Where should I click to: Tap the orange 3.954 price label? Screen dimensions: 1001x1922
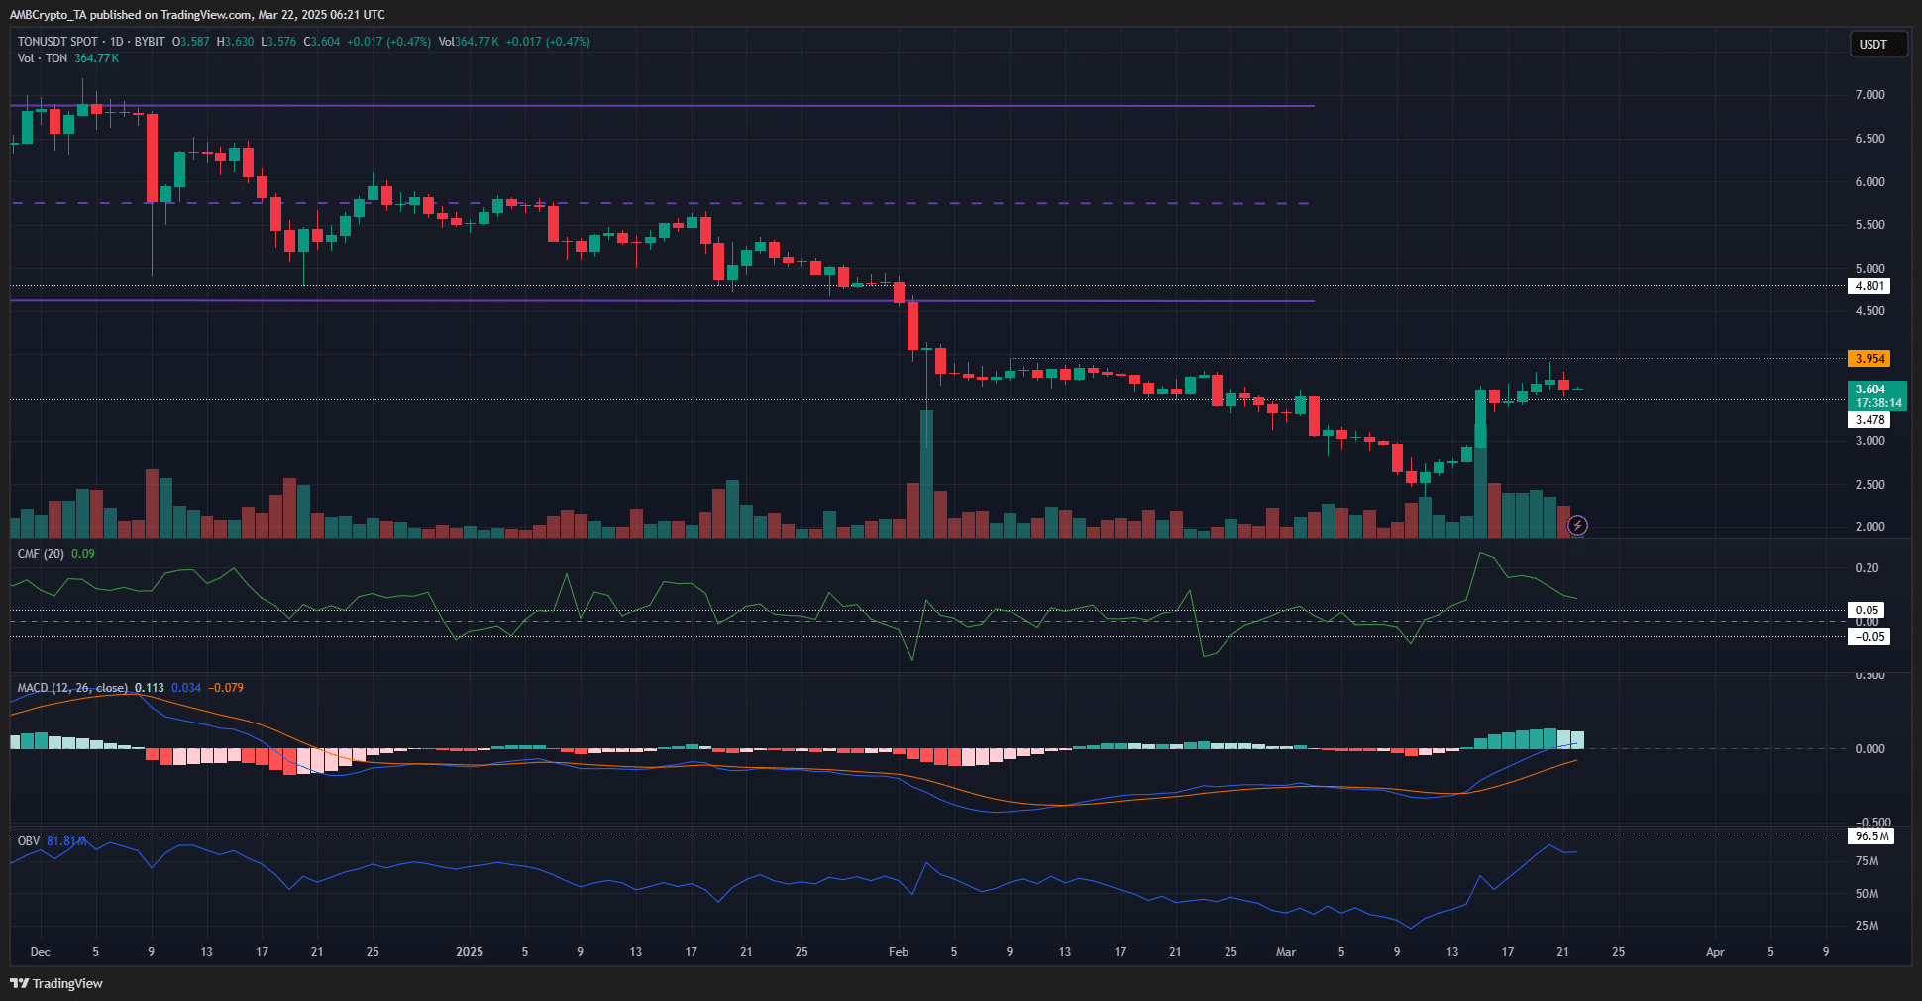pos(1869,359)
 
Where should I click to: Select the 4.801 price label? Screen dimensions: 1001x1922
pos(1869,286)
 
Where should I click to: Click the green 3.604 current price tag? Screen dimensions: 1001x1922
pos(1874,389)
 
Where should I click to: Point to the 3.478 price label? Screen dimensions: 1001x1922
pos(1869,420)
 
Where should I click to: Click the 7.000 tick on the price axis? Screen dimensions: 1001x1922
pos(1869,95)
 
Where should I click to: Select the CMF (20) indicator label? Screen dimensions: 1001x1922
pos(41,554)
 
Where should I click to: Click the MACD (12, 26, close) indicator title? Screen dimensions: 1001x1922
pos(72,688)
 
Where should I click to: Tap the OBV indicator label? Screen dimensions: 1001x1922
pos(29,841)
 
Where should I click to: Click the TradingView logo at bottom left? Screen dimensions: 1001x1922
pos(56,983)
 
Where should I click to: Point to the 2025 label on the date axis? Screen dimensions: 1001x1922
pos(469,952)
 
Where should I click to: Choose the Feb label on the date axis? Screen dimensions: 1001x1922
pos(898,952)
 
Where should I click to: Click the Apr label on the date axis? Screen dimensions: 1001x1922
pos(1714,952)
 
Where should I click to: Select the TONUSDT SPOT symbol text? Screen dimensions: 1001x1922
pos(57,42)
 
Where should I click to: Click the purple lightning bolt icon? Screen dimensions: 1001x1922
pos(1577,525)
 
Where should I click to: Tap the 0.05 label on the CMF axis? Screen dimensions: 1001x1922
pos(1867,611)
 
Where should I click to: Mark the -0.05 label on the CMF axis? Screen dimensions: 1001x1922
pos(1869,637)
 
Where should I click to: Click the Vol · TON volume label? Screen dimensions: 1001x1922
pos(43,58)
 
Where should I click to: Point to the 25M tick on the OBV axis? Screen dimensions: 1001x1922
pos(1867,926)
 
